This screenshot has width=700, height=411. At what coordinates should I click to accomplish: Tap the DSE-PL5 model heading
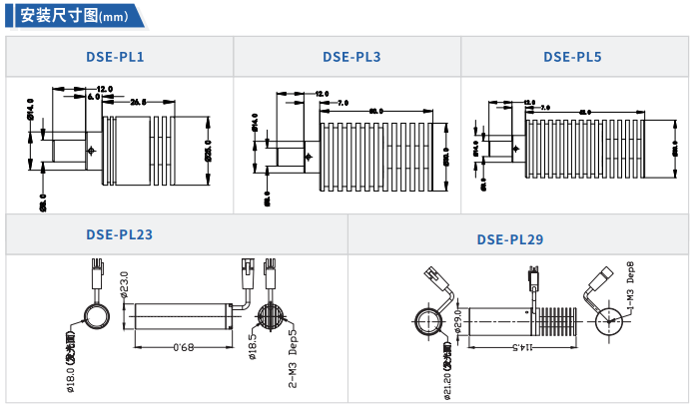pos(572,57)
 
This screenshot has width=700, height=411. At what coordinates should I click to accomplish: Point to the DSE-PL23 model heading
pos(119,235)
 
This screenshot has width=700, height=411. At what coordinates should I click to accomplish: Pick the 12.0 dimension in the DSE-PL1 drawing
pos(104,90)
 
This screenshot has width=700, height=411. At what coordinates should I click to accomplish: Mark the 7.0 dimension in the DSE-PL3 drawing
pos(343,103)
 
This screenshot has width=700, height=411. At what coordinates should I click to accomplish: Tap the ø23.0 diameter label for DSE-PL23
pos(125,285)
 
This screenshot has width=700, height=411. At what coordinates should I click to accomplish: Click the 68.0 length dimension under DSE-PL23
pos(183,347)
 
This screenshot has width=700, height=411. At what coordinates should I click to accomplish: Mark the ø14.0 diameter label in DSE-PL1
pos(31,111)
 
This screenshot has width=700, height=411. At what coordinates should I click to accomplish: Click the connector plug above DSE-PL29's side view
pos(534,272)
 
